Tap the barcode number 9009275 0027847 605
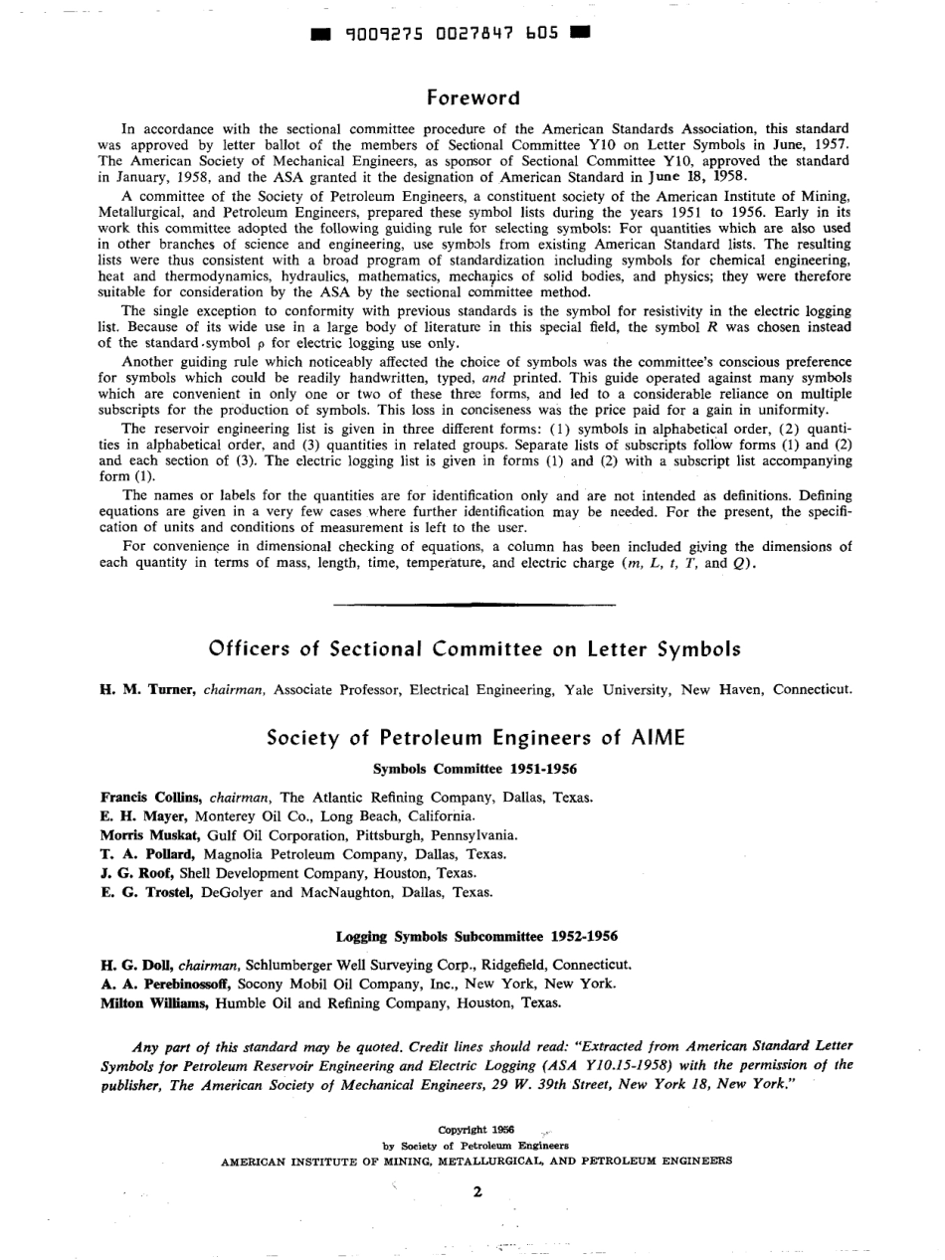(452, 35)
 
